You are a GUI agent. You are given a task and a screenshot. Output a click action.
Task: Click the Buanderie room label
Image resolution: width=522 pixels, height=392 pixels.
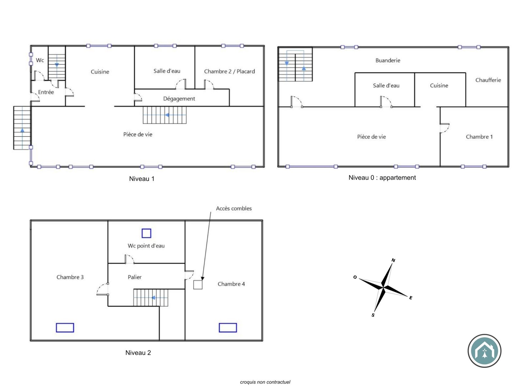[x=388, y=60]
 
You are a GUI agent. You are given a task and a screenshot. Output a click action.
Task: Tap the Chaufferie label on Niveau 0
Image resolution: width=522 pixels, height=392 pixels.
[x=488, y=80]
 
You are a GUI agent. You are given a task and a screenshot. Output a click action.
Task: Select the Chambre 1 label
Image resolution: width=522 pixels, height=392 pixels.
[x=479, y=137]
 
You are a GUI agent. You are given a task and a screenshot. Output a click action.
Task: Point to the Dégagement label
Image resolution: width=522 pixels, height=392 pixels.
[x=179, y=99]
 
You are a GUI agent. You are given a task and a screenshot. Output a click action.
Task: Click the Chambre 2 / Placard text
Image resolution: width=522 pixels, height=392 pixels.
[x=229, y=72]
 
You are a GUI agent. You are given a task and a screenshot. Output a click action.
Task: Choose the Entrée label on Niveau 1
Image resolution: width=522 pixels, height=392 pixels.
[x=46, y=92]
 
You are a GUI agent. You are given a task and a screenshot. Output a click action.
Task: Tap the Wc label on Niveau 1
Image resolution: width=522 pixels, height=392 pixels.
[x=40, y=60]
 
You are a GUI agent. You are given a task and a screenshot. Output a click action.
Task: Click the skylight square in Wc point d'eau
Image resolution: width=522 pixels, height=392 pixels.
[x=146, y=233]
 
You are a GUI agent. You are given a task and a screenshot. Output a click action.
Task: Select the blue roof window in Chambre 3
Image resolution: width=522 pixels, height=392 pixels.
[x=65, y=328]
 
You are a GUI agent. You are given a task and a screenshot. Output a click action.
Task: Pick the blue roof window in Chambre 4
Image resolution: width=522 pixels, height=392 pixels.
[x=228, y=328]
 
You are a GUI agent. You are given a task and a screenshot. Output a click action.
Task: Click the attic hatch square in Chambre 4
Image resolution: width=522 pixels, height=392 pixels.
[x=198, y=285]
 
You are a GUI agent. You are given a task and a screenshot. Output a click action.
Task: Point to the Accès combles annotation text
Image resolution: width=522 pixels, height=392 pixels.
[x=234, y=208]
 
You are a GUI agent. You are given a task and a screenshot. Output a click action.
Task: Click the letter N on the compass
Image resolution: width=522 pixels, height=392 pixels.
[x=393, y=260]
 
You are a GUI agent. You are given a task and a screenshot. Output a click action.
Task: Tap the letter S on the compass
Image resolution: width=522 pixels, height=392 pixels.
[x=373, y=315]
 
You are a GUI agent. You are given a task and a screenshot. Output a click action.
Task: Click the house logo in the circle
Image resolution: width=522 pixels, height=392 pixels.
[x=484, y=351]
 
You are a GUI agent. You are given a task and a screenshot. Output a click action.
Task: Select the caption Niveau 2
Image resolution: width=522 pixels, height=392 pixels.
[x=138, y=353]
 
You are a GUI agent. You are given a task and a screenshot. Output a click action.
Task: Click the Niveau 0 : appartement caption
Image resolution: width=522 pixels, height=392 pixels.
[x=382, y=178]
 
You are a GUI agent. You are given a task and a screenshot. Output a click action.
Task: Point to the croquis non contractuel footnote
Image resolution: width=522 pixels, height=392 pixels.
[x=265, y=382]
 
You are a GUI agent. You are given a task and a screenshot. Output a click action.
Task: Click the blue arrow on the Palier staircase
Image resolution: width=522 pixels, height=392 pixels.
[x=154, y=298]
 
